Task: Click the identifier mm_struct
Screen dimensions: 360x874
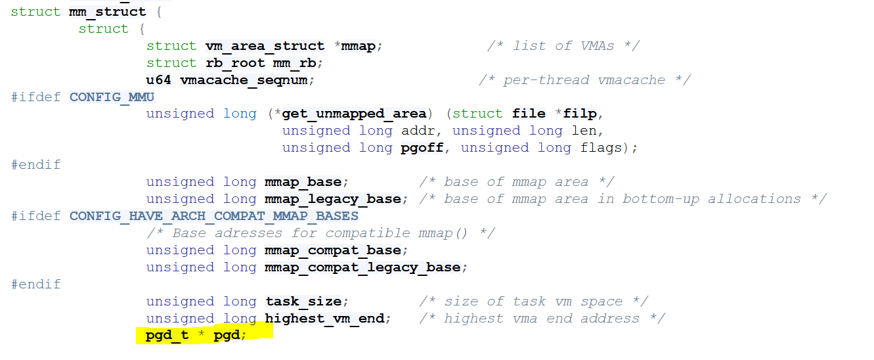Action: point(107,12)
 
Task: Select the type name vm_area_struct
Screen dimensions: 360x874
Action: point(265,46)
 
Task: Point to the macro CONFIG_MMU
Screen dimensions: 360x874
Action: point(112,97)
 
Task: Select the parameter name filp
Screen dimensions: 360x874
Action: point(580,114)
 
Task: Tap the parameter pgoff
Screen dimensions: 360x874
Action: point(422,148)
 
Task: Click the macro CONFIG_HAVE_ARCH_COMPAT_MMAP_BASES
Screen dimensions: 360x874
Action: point(214,216)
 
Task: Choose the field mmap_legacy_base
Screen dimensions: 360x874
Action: point(332,199)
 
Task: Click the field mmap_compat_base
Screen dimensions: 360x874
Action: point(332,250)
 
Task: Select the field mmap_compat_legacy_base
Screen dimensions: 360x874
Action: point(362,267)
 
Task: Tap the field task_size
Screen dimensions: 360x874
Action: point(303,302)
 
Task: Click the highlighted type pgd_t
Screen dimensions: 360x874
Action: point(167,336)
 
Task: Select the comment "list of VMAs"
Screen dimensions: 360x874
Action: point(563,46)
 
